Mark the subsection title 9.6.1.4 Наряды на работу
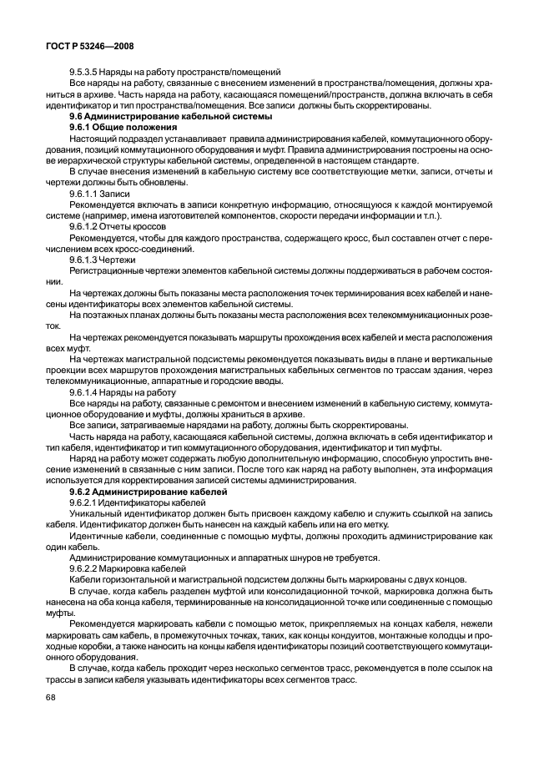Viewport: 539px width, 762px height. pos(123,391)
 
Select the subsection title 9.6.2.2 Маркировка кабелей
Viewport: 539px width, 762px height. pos(129,568)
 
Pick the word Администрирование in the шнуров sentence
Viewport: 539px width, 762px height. pos(114,557)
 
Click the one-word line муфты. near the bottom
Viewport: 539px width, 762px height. pos(59,612)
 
